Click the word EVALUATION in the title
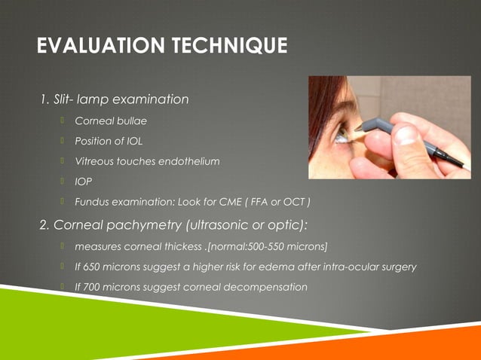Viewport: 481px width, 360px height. point(92,47)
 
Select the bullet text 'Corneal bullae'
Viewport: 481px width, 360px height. point(110,120)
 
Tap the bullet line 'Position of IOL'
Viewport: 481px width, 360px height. point(108,140)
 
